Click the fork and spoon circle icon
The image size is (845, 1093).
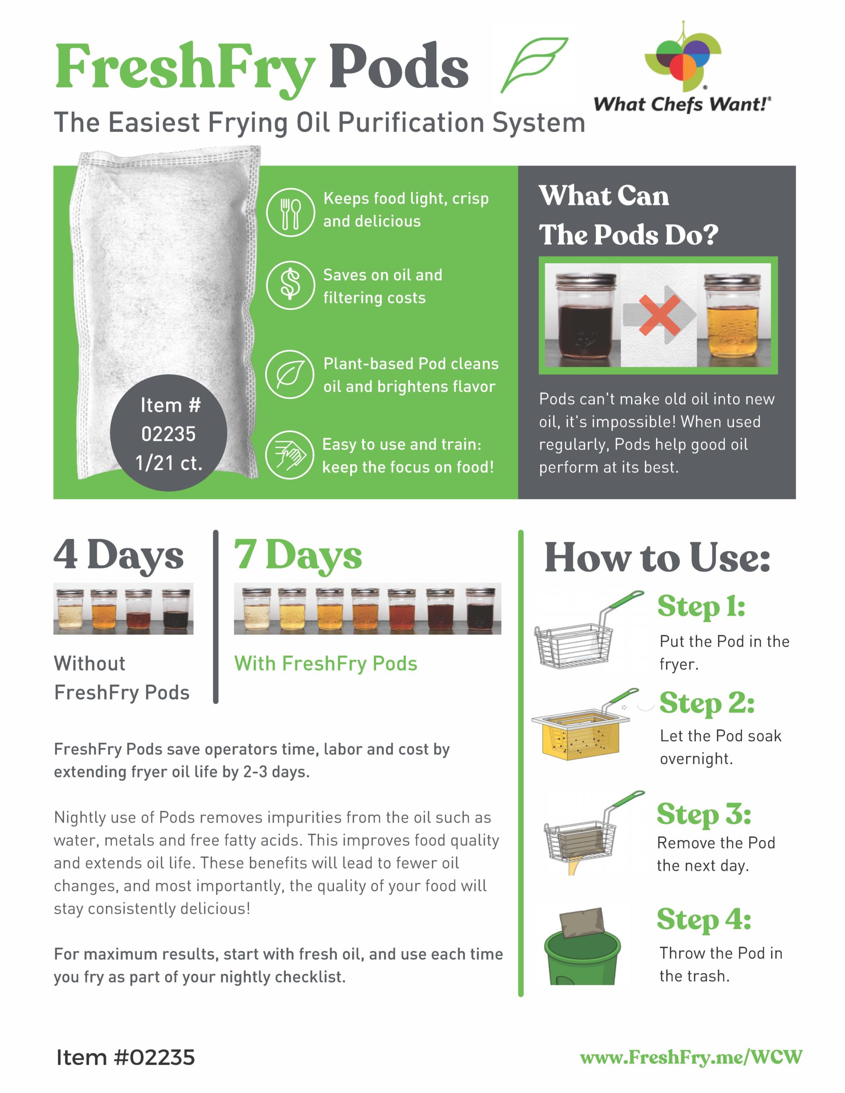pyautogui.click(x=290, y=212)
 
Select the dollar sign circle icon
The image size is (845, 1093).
pyautogui.click(x=290, y=285)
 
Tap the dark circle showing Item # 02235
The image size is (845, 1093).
pyautogui.click(x=169, y=433)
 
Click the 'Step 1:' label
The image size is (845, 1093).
pyautogui.click(x=701, y=607)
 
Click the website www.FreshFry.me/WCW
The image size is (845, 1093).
pyautogui.click(x=691, y=1057)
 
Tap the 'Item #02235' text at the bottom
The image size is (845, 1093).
pyautogui.click(x=125, y=1058)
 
